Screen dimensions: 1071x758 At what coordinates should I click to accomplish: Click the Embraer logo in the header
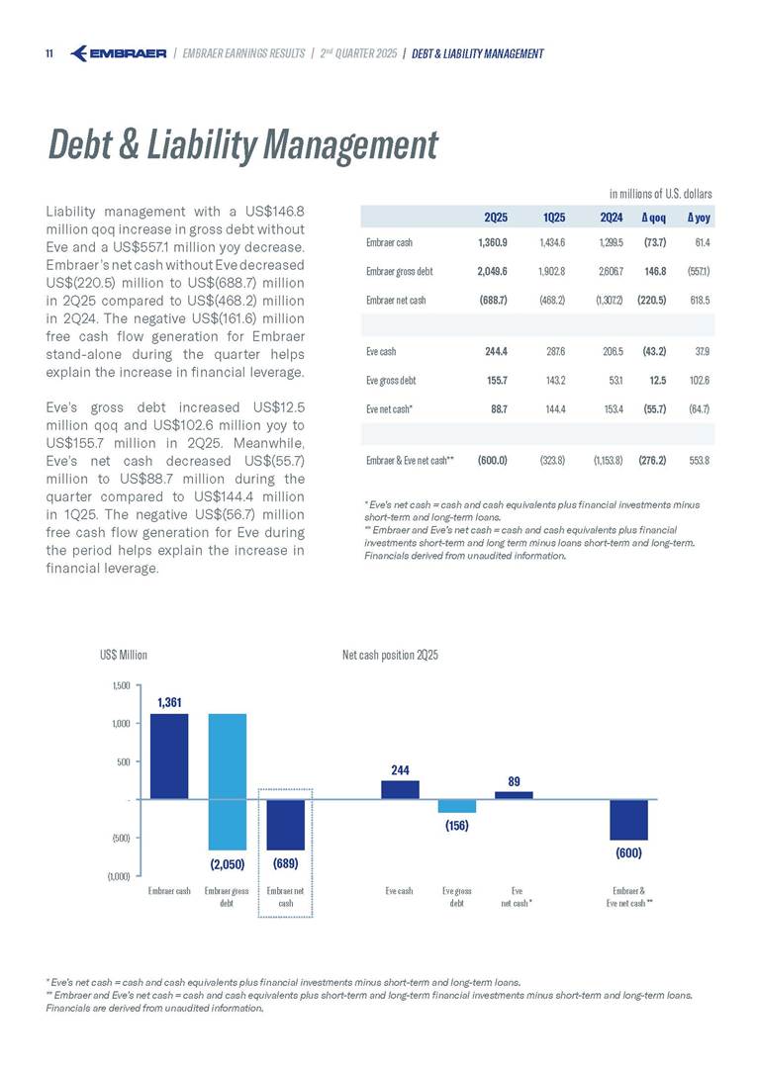click(119, 52)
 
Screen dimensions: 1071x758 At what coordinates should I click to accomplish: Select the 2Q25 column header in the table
click(496, 217)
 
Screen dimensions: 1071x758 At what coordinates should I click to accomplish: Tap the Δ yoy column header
click(698, 217)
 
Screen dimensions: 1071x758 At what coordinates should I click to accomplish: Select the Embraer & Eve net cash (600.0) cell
click(492, 460)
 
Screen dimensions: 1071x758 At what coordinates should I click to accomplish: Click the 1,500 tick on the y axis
click(120, 684)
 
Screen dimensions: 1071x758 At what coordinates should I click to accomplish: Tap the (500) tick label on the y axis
click(120, 838)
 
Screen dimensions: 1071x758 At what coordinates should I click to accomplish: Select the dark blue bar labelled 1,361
click(168, 756)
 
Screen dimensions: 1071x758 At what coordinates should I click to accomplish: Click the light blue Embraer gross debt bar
click(227, 781)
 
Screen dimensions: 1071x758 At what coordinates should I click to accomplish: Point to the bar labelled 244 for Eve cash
click(400, 789)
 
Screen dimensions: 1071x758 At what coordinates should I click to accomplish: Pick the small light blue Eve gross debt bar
click(457, 806)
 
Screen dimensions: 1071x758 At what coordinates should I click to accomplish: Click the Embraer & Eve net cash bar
click(628, 820)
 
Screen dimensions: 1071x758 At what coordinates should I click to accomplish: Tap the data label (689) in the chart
click(285, 863)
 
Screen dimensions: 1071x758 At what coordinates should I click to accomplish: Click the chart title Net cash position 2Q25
click(390, 655)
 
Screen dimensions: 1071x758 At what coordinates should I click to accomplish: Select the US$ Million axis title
click(124, 655)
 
